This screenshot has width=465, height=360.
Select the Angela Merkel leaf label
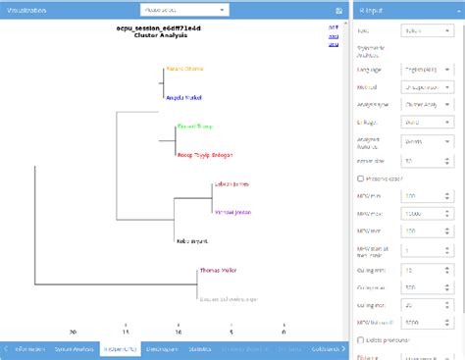click(183, 98)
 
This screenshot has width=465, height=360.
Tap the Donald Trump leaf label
click(193, 126)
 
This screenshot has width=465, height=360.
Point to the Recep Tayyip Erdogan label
click(210, 154)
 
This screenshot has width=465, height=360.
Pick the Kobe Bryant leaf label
click(191, 239)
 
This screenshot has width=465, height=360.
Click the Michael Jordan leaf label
click(232, 211)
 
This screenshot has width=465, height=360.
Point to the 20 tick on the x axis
click(73, 332)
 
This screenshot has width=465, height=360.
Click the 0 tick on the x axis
click(283, 332)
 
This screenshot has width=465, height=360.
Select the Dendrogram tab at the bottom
click(160, 348)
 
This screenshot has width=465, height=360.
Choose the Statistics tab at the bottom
click(200, 348)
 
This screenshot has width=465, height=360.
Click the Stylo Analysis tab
click(75, 348)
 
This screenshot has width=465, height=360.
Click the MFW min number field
click(427, 196)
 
